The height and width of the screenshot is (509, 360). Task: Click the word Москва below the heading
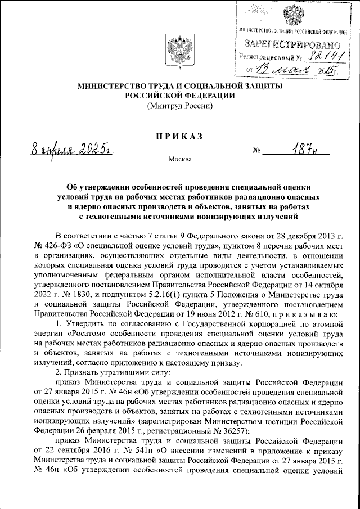coord(180,159)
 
